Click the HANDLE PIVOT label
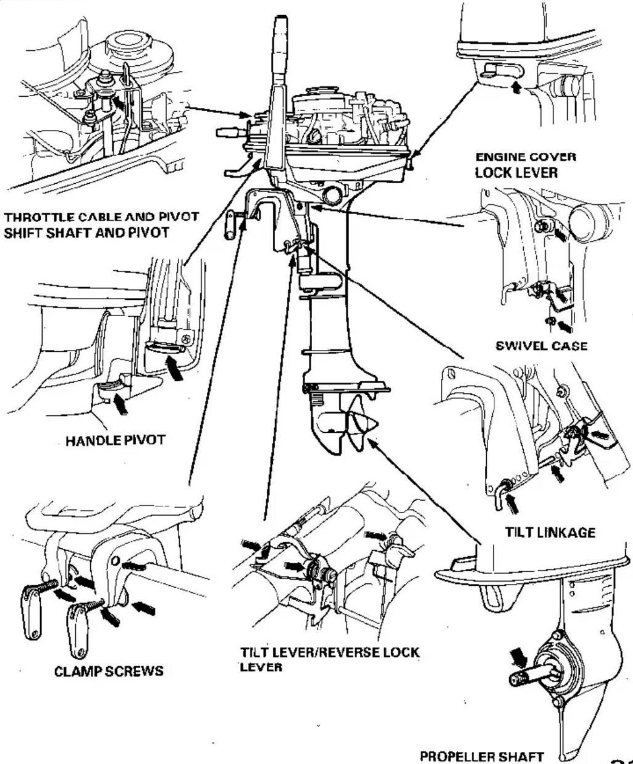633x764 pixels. tap(115, 440)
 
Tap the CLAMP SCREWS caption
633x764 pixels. tap(109, 671)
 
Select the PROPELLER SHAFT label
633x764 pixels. tap(481, 756)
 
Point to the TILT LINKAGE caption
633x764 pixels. tap(550, 532)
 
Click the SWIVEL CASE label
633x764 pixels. tap(541, 346)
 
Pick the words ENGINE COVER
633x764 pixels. tap(526, 157)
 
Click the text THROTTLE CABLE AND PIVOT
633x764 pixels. tap(101, 217)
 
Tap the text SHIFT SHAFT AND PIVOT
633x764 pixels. tap(86, 232)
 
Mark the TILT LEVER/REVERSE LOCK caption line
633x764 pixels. tap(330, 652)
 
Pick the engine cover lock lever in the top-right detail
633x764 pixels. tap(502, 70)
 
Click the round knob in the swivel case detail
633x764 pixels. tap(585, 221)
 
